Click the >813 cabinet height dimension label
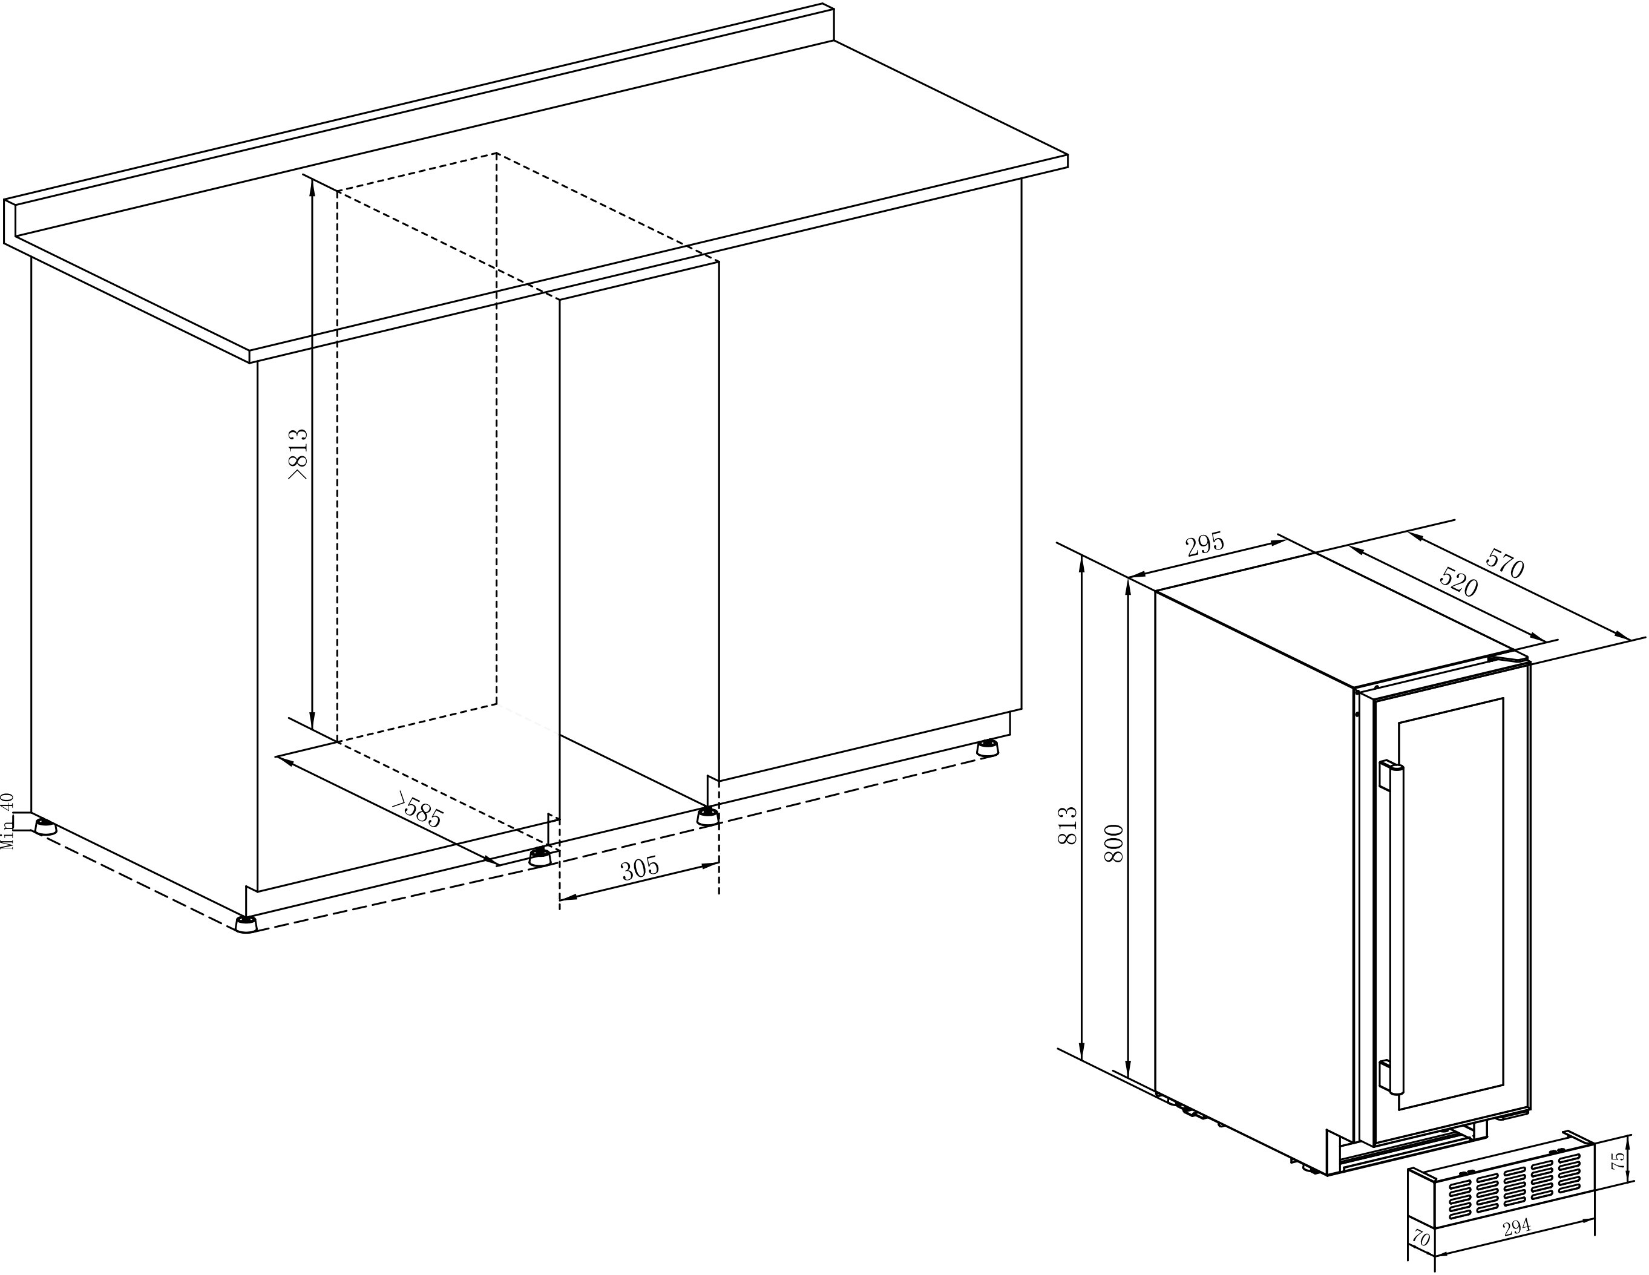pos(298,454)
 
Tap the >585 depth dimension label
pos(417,811)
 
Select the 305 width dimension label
pos(640,869)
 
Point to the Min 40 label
pos(7,821)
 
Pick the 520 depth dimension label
pos(1458,582)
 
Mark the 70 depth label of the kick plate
pos(1421,1239)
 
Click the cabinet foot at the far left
pos(45,827)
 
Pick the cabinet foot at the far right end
pos(986,749)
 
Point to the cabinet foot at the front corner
pos(246,924)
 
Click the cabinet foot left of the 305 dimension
pos(540,857)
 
